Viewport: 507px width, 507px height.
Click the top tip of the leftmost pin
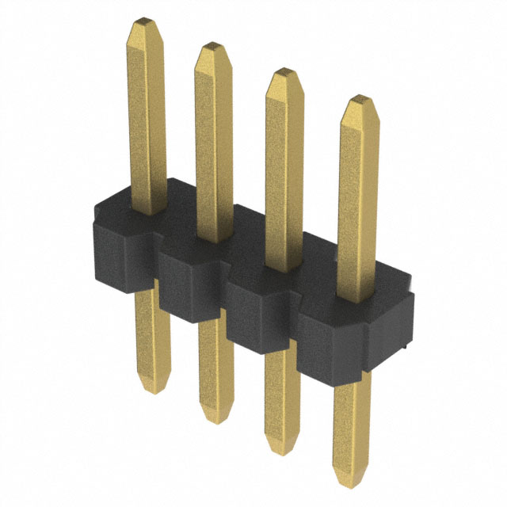(146, 22)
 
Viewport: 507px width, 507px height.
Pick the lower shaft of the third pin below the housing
(281, 396)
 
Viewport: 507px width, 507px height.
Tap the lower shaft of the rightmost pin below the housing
(351, 428)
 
